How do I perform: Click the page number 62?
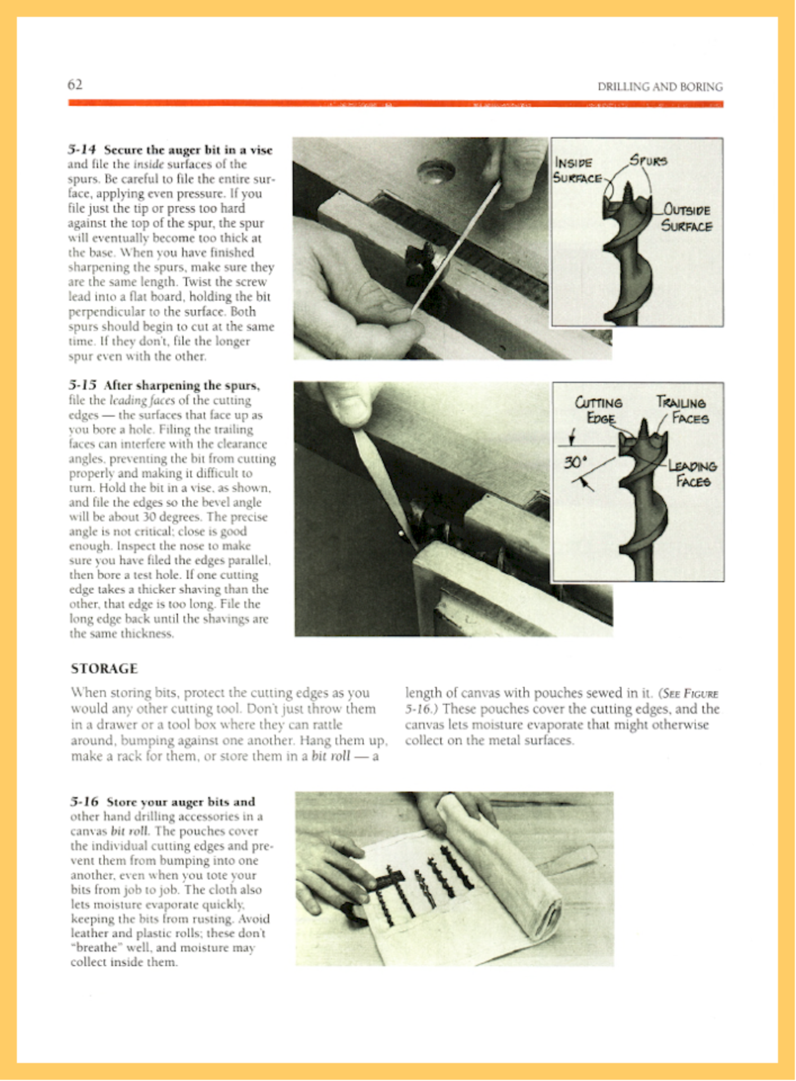coord(75,84)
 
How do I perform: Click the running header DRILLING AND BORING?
coord(660,87)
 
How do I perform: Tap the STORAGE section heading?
coord(104,668)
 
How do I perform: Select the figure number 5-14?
coord(82,150)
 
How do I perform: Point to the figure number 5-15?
coord(82,386)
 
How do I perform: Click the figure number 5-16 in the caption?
coord(84,801)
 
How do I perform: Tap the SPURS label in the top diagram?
coord(648,160)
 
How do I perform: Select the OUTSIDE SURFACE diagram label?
coord(686,218)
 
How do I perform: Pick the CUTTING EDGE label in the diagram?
coord(598,410)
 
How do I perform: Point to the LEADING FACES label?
coord(692,474)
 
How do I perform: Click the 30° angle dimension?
coord(575,462)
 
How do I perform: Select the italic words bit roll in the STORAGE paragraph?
coord(331,756)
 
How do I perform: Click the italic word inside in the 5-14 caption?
coord(149,164)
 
